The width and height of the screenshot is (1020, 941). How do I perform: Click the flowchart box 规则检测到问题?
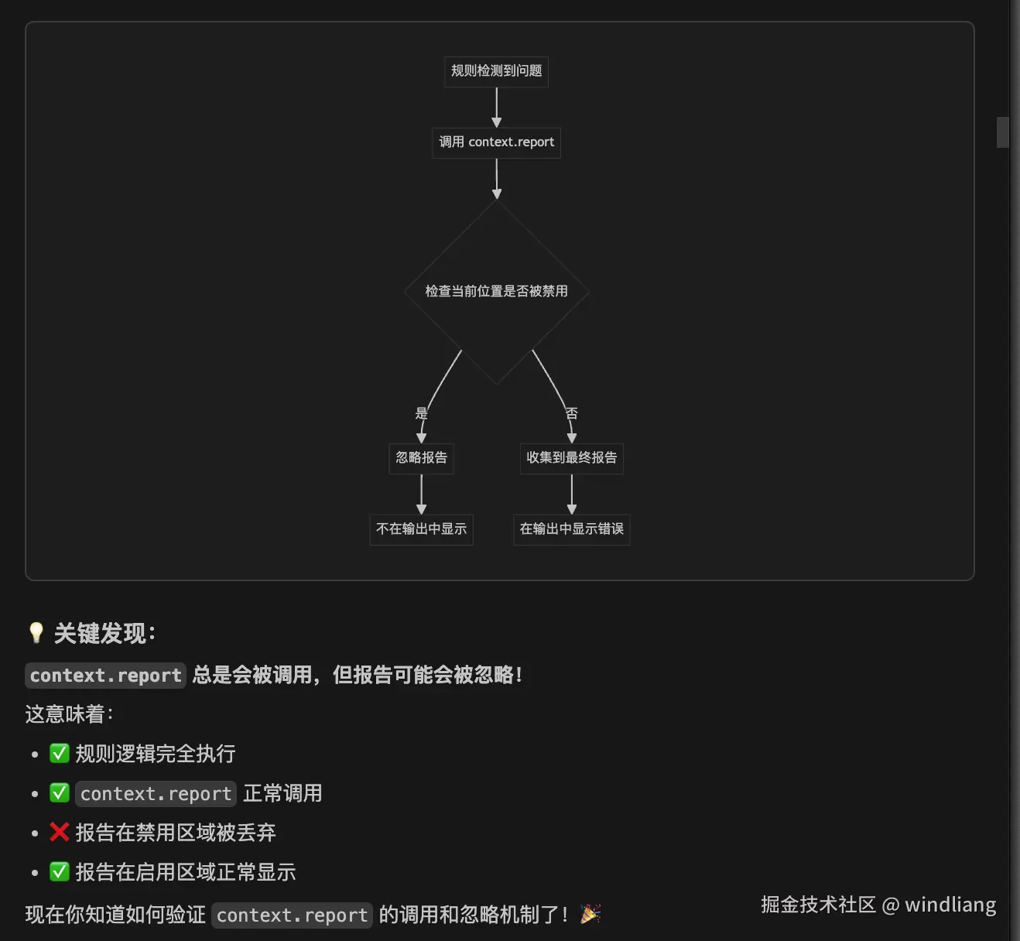(x=496, y=71)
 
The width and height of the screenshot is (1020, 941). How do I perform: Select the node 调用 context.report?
(x=496, y=142)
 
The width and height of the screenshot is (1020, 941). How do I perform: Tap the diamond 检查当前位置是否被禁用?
(x=496, y=291)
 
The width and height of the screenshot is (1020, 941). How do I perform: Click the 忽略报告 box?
(x=421, y=458)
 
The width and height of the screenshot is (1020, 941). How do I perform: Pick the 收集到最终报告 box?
(x=571, y=458)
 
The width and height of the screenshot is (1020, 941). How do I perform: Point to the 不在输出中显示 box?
(x=421, y=529)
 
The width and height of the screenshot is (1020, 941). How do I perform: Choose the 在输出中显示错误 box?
(x=571, y=529)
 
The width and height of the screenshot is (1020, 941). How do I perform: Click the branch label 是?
(x=421, y=413)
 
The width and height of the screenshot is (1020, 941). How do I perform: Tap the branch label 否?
(x=571, y=413)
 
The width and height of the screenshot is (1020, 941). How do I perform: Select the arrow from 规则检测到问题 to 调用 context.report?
(x=496, y=107)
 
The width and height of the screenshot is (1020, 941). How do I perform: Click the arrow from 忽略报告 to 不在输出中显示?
(x=421, y=494)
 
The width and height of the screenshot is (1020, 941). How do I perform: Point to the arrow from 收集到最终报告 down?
(x=571, y=494)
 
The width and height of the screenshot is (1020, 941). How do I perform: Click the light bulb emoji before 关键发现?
(x=36, y=633)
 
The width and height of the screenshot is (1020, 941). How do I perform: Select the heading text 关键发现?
(x=101, y=634)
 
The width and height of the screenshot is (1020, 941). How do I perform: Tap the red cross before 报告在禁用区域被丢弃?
(x=60, y=832)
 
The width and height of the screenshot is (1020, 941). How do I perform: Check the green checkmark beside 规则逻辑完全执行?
(x=60, y=753)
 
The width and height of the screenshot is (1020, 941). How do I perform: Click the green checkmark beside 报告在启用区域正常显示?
(x=60, y=872)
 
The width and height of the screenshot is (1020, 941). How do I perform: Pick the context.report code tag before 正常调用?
(x=156, y=794)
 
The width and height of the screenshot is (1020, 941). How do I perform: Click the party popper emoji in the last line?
(x=590, y=914)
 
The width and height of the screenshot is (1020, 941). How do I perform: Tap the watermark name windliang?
(x=950, y=905)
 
